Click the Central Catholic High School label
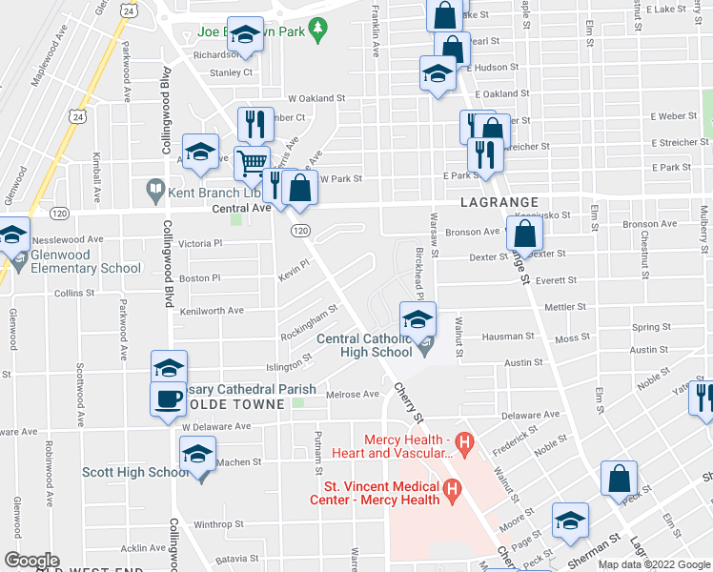[364, 345]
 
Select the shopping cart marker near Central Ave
[252, 163]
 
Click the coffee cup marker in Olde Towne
[169, 398]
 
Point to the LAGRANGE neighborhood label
[499, 203]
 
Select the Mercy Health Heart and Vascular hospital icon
[465, 442]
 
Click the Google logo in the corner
[31, 561]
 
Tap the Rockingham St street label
[309, 324]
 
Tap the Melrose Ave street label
[353, 394]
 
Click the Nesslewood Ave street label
[68, 239]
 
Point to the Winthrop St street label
[220, 524]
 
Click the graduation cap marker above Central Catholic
[418, 319]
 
